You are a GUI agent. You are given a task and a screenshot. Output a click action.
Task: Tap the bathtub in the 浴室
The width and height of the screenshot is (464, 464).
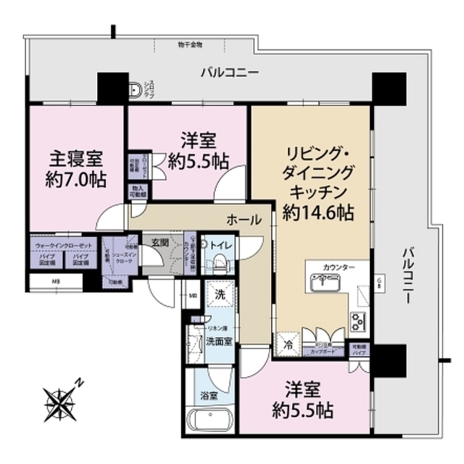coord(209,420)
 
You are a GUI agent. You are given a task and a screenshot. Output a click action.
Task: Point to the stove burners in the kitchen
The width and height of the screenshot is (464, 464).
coord(357,318)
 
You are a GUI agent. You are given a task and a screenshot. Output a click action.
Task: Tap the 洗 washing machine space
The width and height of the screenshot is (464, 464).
coord(219,294)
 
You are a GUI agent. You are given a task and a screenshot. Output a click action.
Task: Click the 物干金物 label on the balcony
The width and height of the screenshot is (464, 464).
coord(190,44)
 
